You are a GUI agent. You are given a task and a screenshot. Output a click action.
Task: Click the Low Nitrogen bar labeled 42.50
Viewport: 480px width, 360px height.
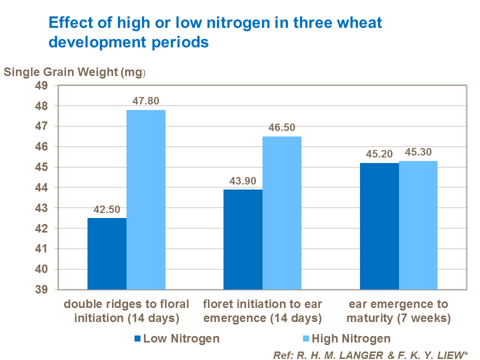(107, 253)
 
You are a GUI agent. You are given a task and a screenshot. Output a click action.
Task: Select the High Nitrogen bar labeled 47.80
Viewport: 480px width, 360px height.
(146, 199)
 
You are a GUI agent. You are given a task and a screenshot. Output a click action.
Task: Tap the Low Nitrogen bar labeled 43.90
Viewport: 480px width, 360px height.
(243, 239)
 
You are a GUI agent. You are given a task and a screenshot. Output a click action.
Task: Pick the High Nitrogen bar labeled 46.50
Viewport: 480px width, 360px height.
(282, 213)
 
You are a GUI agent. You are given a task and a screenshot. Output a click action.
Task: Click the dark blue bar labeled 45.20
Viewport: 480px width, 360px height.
(379, 226)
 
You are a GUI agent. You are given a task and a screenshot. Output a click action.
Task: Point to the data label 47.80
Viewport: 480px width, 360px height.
(145, 101)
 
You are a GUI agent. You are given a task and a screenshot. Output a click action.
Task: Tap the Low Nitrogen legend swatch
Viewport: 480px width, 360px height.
(137, 339)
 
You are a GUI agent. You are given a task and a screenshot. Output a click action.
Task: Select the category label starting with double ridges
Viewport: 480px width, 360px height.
(126, 310)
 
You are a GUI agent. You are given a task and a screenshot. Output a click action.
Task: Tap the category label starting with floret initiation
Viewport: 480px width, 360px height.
(262, 310)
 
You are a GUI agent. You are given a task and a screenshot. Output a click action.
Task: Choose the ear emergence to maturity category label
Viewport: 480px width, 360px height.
(398, 310)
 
